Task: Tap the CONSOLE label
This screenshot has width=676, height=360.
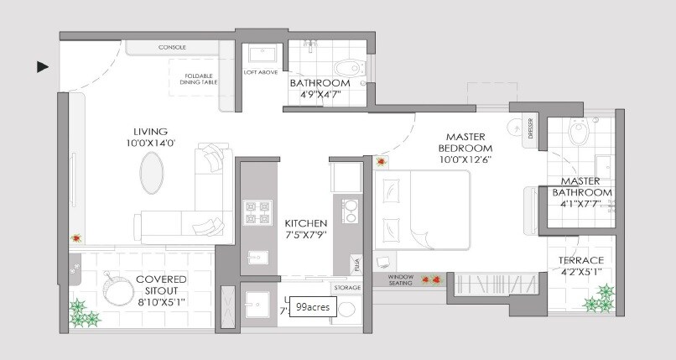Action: click(x=172, y=47)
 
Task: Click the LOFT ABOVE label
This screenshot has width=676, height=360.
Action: click(x=261, y=72)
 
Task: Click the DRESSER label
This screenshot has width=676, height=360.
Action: click(x=530, y=130)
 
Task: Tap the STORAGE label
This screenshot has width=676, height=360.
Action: click(x=346, y=288)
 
